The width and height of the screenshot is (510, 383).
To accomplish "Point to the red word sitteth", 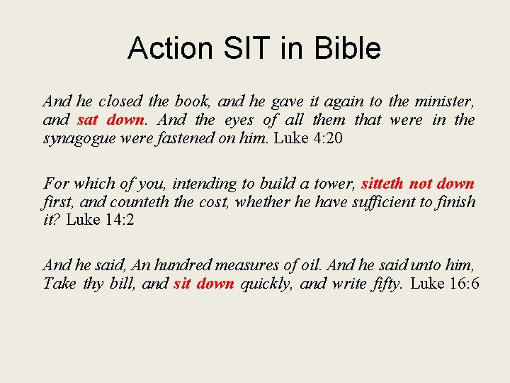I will [x=383, y=184].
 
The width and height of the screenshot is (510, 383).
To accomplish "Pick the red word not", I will [x=420, y=184].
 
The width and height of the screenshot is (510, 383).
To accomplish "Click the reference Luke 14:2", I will [x=100, y=220].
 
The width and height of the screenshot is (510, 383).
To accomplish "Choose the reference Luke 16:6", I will [x=445, y=284].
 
